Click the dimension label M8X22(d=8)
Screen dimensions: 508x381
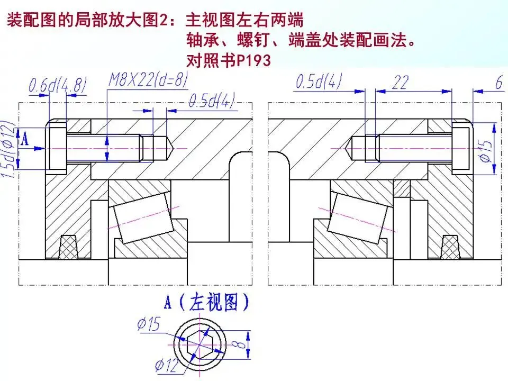coord(148,80)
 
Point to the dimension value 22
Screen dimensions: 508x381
coord(401,83)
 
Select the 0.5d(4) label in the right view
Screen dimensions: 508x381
coord(319,81)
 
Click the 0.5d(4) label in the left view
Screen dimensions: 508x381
coord(212,102)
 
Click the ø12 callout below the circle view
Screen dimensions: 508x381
coord(166,365)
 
